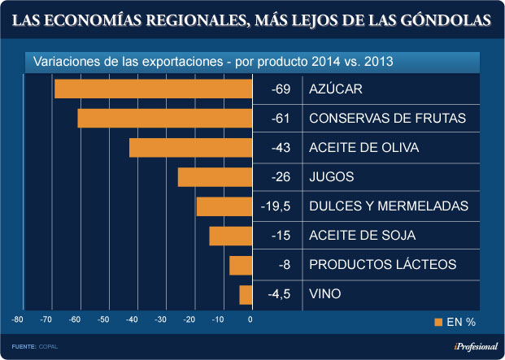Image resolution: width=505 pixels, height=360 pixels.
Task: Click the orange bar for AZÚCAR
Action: pos(153,89)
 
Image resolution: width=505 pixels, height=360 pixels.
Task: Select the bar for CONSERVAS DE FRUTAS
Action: pos(164,118)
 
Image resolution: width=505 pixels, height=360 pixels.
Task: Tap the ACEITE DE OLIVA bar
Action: pos(189,147)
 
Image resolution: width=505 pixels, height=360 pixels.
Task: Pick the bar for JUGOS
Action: pos(214,177)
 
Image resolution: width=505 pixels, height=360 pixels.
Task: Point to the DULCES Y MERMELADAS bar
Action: pos(224,206)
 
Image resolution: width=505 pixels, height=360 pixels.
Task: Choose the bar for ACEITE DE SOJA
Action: pos(229,236)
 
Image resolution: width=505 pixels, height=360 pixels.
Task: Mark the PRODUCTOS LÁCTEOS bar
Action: pos(239,265)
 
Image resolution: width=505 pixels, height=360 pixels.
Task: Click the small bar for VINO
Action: pos(245,294)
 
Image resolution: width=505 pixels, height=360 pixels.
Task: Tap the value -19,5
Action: pos(276,206)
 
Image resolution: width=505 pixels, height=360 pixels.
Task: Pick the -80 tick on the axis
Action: pos(17,319)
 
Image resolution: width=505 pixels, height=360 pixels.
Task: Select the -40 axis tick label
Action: pos(133,319)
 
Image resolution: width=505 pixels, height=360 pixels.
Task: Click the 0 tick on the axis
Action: pos(250,319)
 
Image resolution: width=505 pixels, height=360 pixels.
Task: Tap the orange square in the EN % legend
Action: pos(438,323)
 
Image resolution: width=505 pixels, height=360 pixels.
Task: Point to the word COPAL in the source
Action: pos(49,347)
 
